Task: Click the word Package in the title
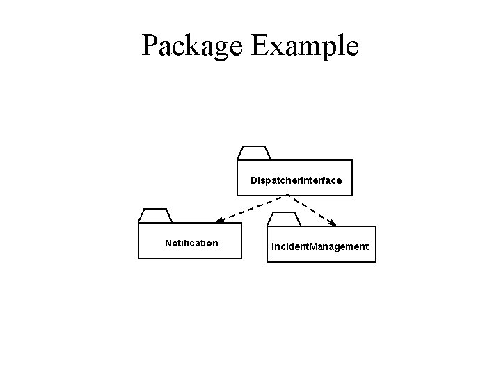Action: point(191,45)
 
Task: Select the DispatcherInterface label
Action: point(296,180)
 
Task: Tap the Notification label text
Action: point(191,243)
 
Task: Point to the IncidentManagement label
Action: point(320,246)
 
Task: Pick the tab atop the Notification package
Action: point(155,215)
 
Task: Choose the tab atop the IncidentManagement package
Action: point(285,219)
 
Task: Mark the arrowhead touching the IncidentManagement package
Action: point(332,224)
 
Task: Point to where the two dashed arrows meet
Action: point(287,196)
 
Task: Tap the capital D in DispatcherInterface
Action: point(254,180)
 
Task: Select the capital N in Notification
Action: point(168,243)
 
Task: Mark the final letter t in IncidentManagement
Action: point(367,246)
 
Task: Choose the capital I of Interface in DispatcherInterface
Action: point(301,180)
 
